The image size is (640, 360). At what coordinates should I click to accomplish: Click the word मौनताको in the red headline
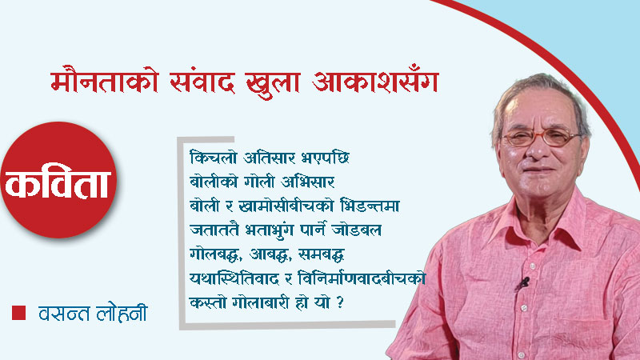pos(105,81)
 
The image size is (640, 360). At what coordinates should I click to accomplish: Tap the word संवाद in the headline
pos(202,82)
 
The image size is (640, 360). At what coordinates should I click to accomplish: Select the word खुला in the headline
pos(273,84)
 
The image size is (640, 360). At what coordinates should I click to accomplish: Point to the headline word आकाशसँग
pos(375,81)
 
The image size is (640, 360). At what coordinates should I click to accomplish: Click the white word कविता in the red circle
pos(58,183)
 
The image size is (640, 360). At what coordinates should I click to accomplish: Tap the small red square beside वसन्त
pos(18,313)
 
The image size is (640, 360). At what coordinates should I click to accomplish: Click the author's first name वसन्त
pos(64,313)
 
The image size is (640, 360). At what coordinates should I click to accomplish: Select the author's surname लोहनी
pos(122,313)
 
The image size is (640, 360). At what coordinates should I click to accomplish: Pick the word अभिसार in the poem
pos(308,182)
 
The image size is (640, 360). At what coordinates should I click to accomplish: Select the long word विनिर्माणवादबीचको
pos(362,278)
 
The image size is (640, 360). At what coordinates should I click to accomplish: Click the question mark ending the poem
pos(340,303)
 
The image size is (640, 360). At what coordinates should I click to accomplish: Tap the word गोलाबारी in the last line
pos(262,303)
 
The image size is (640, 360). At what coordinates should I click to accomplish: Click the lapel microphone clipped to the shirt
pos(522,283)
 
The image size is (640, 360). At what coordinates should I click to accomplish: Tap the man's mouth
pos(538,170)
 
